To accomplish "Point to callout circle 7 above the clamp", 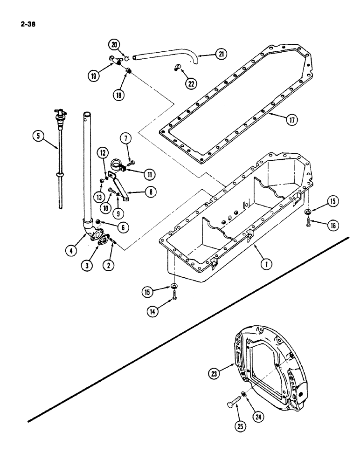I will pos(125,138).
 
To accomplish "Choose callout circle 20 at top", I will pos(114,45).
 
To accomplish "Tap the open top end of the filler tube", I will pos(86,114).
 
